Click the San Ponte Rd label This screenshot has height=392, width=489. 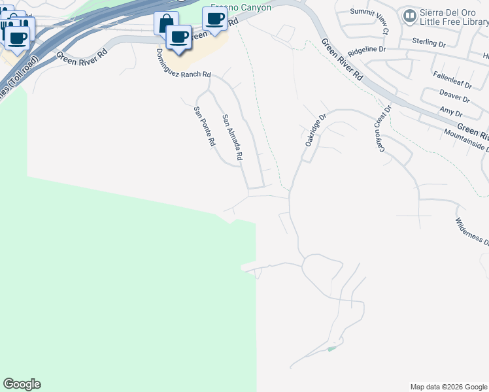[x=205, y=127]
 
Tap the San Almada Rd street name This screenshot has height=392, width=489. [x=233, y=138]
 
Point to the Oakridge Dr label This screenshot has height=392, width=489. [x=314, y=131]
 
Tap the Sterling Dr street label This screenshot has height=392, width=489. [x=429, y=42]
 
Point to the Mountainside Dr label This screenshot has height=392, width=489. [x=466, y=140]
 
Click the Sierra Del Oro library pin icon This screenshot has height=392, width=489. [x=410, y=15]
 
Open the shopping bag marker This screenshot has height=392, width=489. [x=165, y=23]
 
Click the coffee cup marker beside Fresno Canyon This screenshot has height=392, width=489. [x=214, y=18]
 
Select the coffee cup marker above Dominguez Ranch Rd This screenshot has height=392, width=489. [x=178, y=36]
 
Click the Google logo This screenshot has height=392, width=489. [x=22, y=384]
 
